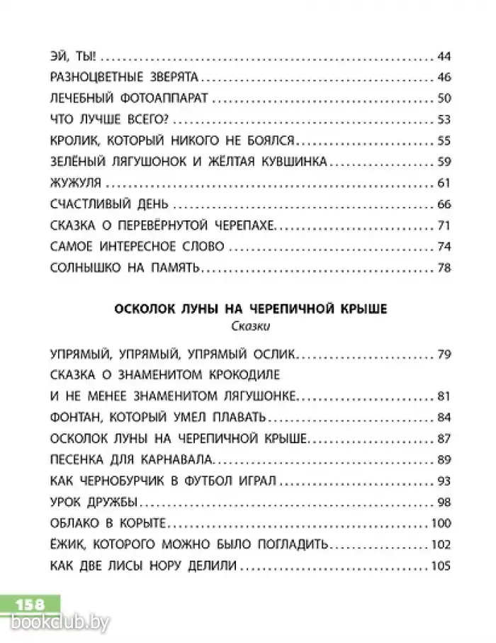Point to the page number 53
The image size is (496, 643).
tap(445, 120)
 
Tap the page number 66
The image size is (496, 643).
tap(445, 205)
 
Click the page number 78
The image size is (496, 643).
tap(445, 268)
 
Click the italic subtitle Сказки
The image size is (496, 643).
tap(248, 327)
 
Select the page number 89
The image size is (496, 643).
tap(445, 459)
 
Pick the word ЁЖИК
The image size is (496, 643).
tap(68, 544)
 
